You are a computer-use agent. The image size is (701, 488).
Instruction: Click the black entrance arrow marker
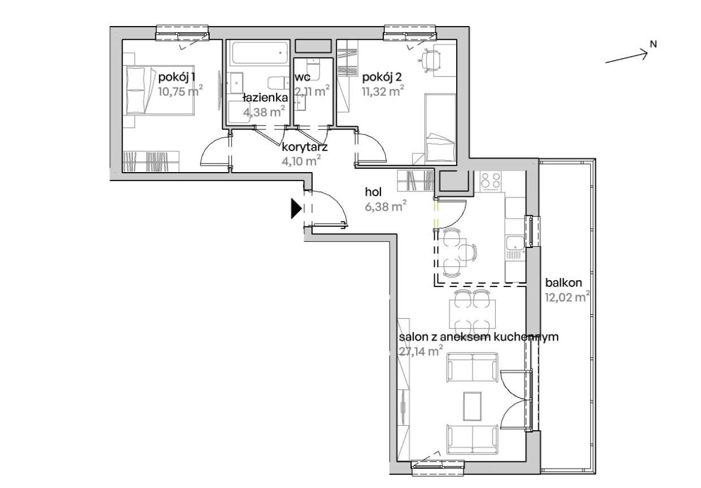tap(296, 208)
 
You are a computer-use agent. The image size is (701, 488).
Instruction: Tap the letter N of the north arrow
tap(653, 45)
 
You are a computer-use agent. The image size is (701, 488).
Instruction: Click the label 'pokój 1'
tap(176, 77)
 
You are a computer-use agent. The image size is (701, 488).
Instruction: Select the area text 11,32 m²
tap(383, 92)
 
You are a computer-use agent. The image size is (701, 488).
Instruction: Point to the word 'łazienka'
tap(265, 97)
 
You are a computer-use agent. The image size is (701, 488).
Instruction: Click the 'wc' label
tap(302, 77)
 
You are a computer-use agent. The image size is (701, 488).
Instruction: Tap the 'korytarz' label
tap(305, 147)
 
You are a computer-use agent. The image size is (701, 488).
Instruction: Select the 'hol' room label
tap(374, 192)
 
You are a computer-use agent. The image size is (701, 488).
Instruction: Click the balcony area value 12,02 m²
tap(568, 297)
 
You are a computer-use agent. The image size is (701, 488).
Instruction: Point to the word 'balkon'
tap(564, 282)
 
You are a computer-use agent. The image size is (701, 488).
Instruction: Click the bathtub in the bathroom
tap(259, 53)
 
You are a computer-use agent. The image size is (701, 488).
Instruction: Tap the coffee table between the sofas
tap(472, 406)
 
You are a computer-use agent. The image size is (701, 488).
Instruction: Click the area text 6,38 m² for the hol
tap(386, 207)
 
